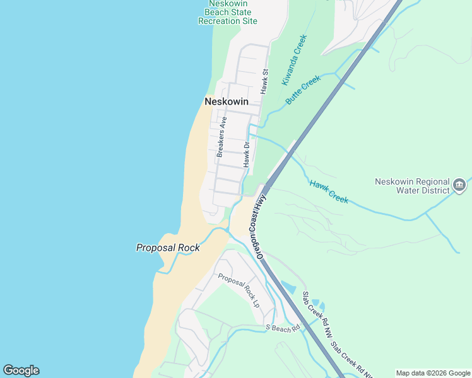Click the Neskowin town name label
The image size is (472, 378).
tap(226, 101)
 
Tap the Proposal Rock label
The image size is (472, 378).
tap(168, 248)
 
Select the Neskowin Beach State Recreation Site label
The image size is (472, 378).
tap(228, 11)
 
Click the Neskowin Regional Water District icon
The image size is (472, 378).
tap(459, 185)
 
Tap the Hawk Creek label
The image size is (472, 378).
tap(329, 192)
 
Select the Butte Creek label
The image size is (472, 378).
tap(303, 89)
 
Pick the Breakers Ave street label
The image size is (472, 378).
tap(221, 137)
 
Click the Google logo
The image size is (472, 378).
tap(21, 370)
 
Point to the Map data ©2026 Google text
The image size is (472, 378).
tap(433, 373)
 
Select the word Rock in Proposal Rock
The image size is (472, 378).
tap(188, 248)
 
